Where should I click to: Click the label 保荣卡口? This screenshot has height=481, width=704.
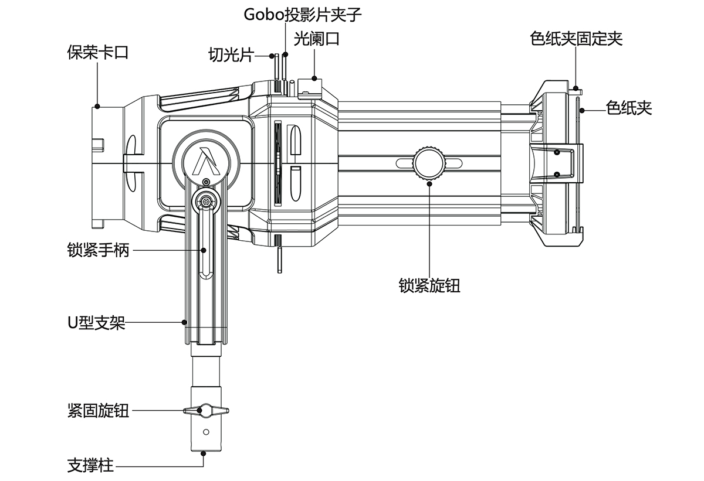pos(98,53)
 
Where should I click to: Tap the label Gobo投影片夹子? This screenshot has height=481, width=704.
pos(303,15)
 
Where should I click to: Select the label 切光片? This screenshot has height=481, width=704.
pos(231,55)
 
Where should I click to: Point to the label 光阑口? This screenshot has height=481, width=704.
pos(316,39)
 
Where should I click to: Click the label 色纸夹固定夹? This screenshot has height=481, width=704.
pos(576,39)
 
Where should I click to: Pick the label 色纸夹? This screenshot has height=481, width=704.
pos(629,108)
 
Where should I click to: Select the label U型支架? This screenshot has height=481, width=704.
pos(96,322)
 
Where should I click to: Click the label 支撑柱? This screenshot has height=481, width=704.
pos(90,466)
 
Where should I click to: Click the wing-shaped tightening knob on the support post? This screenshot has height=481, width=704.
pos(205,410)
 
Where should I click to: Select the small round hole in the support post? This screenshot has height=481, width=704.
pos(205,432)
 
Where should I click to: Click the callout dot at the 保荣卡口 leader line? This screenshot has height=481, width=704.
pos(97,107)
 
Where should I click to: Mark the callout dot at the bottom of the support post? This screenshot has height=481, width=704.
pos(204,452)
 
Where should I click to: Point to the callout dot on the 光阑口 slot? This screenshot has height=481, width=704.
pos(315,77)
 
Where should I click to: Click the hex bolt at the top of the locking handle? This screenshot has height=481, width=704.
pos(205,202)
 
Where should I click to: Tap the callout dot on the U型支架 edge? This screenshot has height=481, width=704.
pos(184,322)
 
